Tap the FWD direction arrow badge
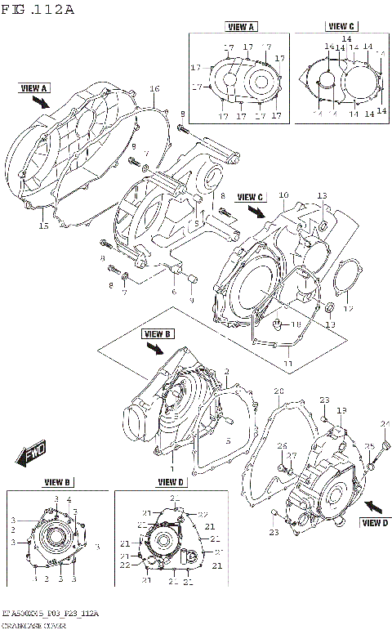click(33, 451)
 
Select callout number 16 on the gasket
click(154, 88)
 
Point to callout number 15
click(43, 226)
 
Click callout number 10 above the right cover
click(283, 195)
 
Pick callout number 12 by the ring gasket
click(347, 309)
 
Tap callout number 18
click(296, 324)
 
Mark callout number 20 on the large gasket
click(278, 391)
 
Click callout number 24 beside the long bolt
click(385, 422)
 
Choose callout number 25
click(368, 446)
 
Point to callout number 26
click(279, 445)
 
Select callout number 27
click(291, 455)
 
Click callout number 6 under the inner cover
click(173, 292)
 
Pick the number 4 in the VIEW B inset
click(69, 498)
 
